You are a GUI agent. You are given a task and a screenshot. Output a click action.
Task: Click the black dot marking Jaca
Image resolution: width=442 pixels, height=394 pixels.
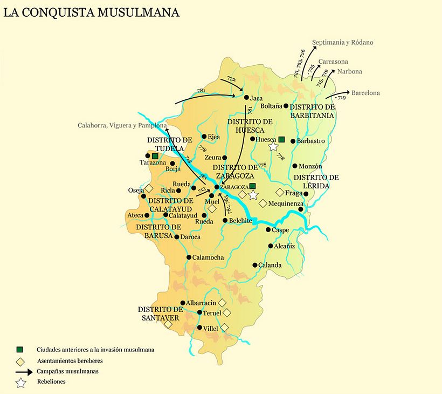pos(246,98)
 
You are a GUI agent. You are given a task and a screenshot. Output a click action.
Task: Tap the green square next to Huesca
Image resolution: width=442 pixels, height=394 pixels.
pos(281,139)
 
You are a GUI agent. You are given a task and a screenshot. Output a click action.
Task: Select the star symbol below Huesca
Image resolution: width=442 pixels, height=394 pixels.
pos(273,146)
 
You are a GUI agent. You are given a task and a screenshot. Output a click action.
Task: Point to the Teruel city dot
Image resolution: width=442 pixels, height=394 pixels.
pos(199,313)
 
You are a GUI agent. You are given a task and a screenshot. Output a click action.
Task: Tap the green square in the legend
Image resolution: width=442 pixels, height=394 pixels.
pos(20,350)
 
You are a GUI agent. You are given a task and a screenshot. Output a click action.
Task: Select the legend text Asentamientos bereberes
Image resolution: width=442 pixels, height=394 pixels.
pos(70,361)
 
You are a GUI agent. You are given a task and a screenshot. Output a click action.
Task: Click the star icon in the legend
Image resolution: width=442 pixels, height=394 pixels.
pos(20,383)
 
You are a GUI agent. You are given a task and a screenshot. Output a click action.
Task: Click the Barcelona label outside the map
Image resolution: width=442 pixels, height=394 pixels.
pos(365,93)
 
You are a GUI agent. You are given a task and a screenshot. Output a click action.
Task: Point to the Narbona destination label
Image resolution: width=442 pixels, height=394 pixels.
pos(349,71)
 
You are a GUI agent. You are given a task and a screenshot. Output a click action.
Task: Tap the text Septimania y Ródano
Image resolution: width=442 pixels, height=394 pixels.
pos(342,42)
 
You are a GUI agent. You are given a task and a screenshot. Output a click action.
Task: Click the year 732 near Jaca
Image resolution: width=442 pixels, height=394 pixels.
pos(231,79)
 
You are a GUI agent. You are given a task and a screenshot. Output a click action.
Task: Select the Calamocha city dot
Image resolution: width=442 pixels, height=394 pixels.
pos(189,257)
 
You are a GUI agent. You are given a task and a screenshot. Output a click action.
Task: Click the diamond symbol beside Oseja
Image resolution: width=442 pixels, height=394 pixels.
pos(149,188)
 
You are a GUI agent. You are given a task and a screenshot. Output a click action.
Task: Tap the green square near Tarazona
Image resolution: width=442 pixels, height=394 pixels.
pos(155,156)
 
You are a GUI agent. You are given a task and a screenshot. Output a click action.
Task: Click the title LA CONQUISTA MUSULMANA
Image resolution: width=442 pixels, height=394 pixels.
pos(91,12)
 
